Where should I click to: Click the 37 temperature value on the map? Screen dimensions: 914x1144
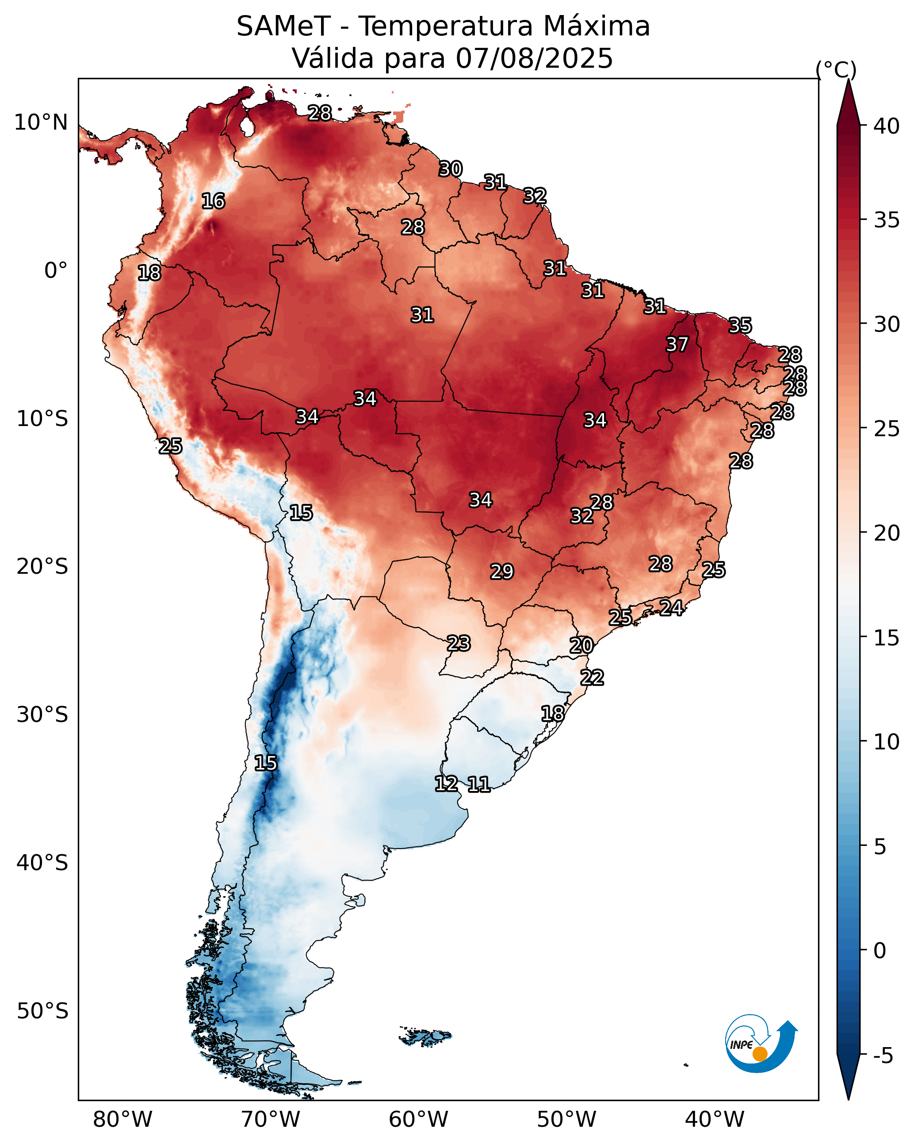click(x=677, y=344)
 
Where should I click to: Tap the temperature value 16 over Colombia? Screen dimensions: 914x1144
click(x=213, y=201)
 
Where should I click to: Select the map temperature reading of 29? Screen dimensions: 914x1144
click(x=502, y=572)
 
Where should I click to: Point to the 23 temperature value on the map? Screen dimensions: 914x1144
click(x=458, y=643)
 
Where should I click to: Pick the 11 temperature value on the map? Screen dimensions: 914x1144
click(x=478, y=784)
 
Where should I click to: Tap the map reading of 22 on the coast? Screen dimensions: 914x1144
click(x=592, y=678)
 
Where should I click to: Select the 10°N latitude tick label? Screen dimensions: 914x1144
click(x=41, y=123)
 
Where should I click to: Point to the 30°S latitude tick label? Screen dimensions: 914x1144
click(x=42, y=715)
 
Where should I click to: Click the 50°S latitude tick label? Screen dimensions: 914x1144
click(x=42, y=1011)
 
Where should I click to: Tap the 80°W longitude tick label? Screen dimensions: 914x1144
click(x=122, y=1120)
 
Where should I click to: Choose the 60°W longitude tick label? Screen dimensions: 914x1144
click(x=419, y=1120)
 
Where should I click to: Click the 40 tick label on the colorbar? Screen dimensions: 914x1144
click(x=887, y=126)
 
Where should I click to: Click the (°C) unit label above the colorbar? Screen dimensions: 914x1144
click(x=836, y=70)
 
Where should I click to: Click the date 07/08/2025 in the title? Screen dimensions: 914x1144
click(x=534, y=58)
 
